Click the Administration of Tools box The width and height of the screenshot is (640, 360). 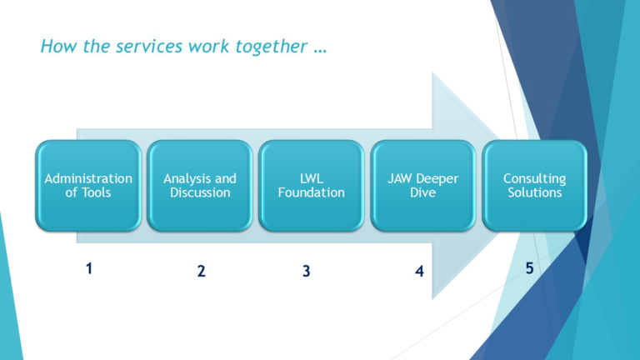87,186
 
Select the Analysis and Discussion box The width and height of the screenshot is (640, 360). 199,186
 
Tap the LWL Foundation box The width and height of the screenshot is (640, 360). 311,186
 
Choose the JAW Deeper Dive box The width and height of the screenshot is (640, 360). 422,186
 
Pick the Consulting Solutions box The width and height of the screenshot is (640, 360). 534,186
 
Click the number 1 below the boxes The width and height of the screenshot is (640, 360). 88,268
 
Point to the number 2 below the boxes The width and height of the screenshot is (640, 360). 201,271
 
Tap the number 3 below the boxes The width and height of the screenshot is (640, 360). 306,271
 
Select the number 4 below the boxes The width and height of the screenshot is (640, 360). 419,271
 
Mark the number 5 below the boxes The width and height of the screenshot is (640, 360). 529,268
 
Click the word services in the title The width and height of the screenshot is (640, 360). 138,47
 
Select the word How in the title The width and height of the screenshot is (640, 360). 55,47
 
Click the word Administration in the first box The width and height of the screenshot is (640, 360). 87,178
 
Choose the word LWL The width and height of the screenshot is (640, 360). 311,178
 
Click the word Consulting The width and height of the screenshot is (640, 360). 534,178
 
